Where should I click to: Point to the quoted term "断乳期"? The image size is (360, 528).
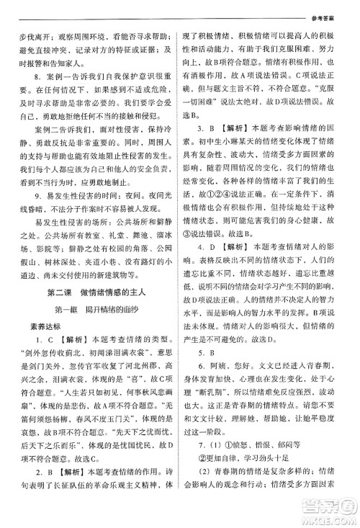point(215,437)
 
